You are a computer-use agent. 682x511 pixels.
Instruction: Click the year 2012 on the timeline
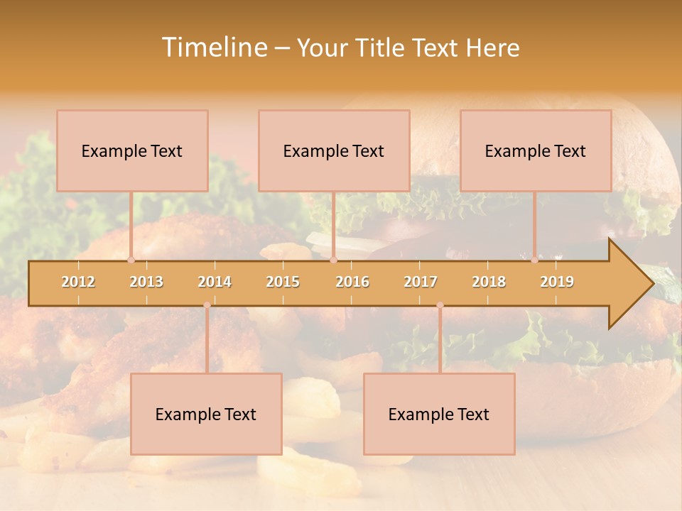pyautogui.click(x=78, y=282)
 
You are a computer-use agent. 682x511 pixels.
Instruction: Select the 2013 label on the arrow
pyautogui.click(x=146, y=282)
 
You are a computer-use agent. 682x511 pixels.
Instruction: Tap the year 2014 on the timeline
pyautogui.click(x=215, y=282)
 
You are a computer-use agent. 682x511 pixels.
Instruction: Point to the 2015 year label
pyautogui.click(x=283, y=282)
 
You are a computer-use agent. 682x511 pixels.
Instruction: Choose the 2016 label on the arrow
pyautogui.click(x=352, y=282)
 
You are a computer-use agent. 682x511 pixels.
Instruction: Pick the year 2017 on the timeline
pyautogui.click(x=421, y=282)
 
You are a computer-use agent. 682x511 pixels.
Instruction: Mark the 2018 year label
pyautogui.click(x=489, y=282)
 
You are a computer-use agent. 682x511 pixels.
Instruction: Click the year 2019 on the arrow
pyautogui.click(x=557, y=282)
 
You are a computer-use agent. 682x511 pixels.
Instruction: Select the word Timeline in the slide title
pyautogui.click(x=212, y=48)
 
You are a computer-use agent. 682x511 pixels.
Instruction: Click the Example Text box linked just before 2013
pyautogui.click(x=132, y=150)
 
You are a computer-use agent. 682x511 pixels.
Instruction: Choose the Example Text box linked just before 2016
pyautogui.click(x=334, y=150)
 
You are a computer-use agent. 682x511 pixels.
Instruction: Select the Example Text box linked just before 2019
pyautogui.click(x=536, y=150)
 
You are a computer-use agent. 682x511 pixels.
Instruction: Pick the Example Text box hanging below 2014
pyautogui.click(x=206, y=414)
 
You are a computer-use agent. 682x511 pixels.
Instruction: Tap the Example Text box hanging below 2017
pyautogui.click(x=439, y=414)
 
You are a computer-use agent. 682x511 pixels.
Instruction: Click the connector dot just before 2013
pyautogui.click(x=131, y=260)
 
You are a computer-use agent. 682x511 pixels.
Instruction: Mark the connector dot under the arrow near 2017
pyautogui.click(x=440, y=305)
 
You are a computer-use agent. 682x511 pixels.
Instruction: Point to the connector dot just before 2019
pyautogui.click(x=534, y=260)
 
